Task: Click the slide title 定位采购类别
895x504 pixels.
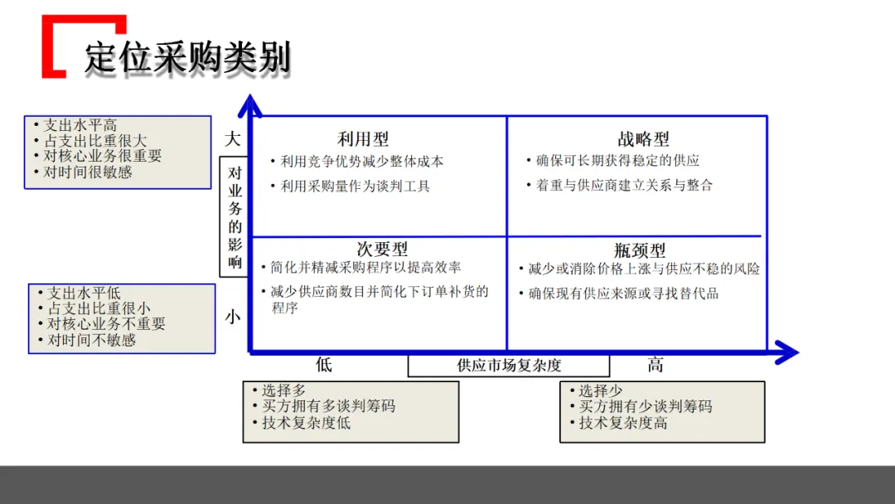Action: click(187, 59)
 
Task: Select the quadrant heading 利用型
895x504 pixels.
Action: click(363, 139)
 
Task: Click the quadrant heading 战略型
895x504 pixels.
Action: click(643, 139)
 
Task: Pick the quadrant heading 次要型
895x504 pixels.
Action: click(382, 249)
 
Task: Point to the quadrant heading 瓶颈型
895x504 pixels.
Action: click(640, 250)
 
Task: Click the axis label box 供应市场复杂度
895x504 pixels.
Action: click(509, 366)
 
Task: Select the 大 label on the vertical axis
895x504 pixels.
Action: click(233, 138)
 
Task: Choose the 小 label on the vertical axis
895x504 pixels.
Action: click(233, 317)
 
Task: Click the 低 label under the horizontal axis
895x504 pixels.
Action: click(323, 365)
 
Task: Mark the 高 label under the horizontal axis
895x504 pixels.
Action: click(656, 365)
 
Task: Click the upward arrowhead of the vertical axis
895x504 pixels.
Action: click(251, 106)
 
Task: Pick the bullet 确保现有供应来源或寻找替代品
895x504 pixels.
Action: click(623, 293)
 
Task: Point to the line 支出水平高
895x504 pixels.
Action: click(80, 126)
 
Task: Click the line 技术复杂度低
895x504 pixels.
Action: click(306, 423)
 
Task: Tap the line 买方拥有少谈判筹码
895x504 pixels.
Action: click(645, 406)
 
